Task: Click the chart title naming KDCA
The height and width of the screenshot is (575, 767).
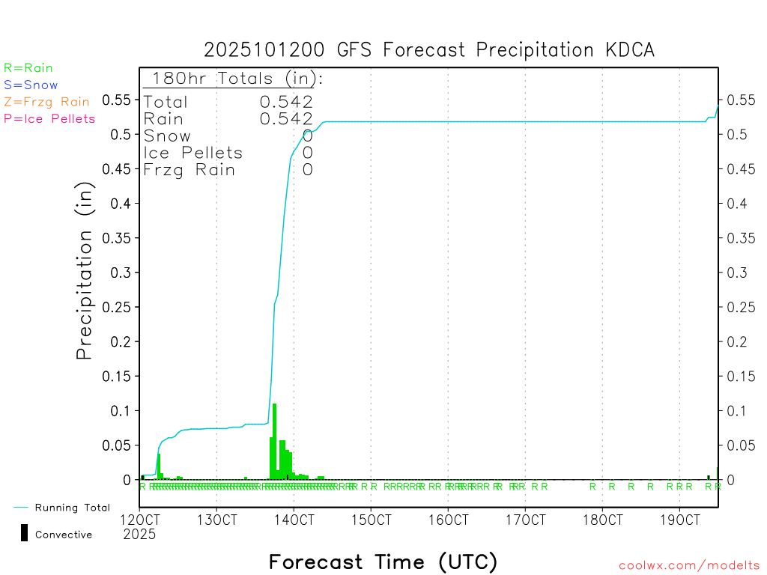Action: [429, 50]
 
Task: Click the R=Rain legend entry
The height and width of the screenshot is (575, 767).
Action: [28, 68]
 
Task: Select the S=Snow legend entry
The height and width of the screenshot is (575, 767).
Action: [31, 85]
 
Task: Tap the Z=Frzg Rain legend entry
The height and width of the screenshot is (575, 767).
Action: [46, 102]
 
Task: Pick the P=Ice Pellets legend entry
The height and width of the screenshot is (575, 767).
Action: [49, 118]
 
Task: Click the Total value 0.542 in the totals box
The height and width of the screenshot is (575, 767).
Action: [286, 102]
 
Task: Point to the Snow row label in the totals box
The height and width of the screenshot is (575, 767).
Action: [167, 136]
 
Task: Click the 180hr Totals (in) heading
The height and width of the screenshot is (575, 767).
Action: [234, 78]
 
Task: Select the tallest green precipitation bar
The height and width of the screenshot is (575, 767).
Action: [275, 441]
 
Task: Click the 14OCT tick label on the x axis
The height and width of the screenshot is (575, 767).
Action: [294, 520]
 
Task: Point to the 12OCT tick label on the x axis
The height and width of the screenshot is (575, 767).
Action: [139, 520]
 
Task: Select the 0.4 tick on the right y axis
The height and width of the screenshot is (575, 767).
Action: [737, 204]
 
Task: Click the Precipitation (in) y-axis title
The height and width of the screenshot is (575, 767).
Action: [85, 273]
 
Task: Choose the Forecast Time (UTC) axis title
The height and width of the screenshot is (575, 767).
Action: [383, 562]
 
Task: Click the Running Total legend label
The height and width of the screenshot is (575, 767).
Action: [72, 508]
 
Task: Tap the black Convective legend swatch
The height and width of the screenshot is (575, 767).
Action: [24, 533]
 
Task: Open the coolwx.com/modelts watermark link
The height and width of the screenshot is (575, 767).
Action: [689, 566]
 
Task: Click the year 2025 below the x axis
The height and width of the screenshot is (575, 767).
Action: [139, 535]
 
